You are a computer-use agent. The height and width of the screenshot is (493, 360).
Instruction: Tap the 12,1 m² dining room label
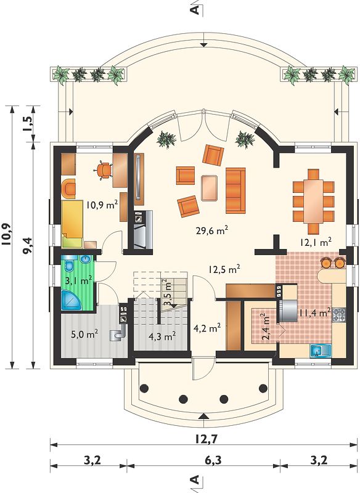pyautogui.click(x=316, y=242)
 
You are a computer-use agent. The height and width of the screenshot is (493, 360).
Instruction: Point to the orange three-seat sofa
pyautogui.click(x=235, y=190)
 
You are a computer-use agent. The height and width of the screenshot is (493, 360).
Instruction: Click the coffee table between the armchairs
pyautogui.click(x=210, y=188)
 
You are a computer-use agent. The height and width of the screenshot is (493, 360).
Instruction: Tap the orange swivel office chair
pyautogui.click(x=104, y=170)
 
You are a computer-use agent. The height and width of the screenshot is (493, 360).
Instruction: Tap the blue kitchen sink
pyautogui.click(x=320, y=350)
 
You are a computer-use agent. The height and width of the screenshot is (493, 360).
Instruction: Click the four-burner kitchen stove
pyautogui.click(x=339, y=315)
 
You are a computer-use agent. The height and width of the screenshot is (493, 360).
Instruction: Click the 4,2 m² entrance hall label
pyautogui.click(x=207, y=329)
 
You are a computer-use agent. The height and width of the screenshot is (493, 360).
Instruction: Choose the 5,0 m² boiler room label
pyautogui.click(x=84, y=334)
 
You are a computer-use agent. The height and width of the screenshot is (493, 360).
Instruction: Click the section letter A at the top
pyautogui.click(x=195, y=10)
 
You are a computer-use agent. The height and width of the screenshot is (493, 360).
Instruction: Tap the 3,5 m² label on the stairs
pyautogui.click(x=169, y=295)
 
